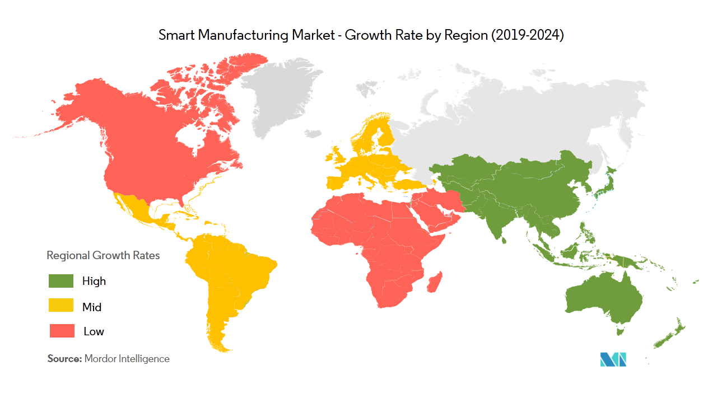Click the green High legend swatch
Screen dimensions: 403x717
[x=62, y=280]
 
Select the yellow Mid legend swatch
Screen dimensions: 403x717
[x=62, y=306]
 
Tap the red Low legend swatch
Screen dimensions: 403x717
[x=62, y=331]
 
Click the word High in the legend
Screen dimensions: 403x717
[x=94, y=281]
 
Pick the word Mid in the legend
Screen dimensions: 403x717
[x=92, y=307]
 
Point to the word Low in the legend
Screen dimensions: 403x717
[x=94, y=331]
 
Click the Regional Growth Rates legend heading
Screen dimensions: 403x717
[x=103, y=255]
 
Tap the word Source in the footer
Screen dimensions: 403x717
[x=64, y=359]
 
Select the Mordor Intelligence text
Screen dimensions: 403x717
[x=127, y=359]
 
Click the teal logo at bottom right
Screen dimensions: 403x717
[x=613, y=359]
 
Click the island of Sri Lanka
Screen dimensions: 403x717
[x=505, y=241]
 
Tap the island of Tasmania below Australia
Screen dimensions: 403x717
[x=620, y=332]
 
